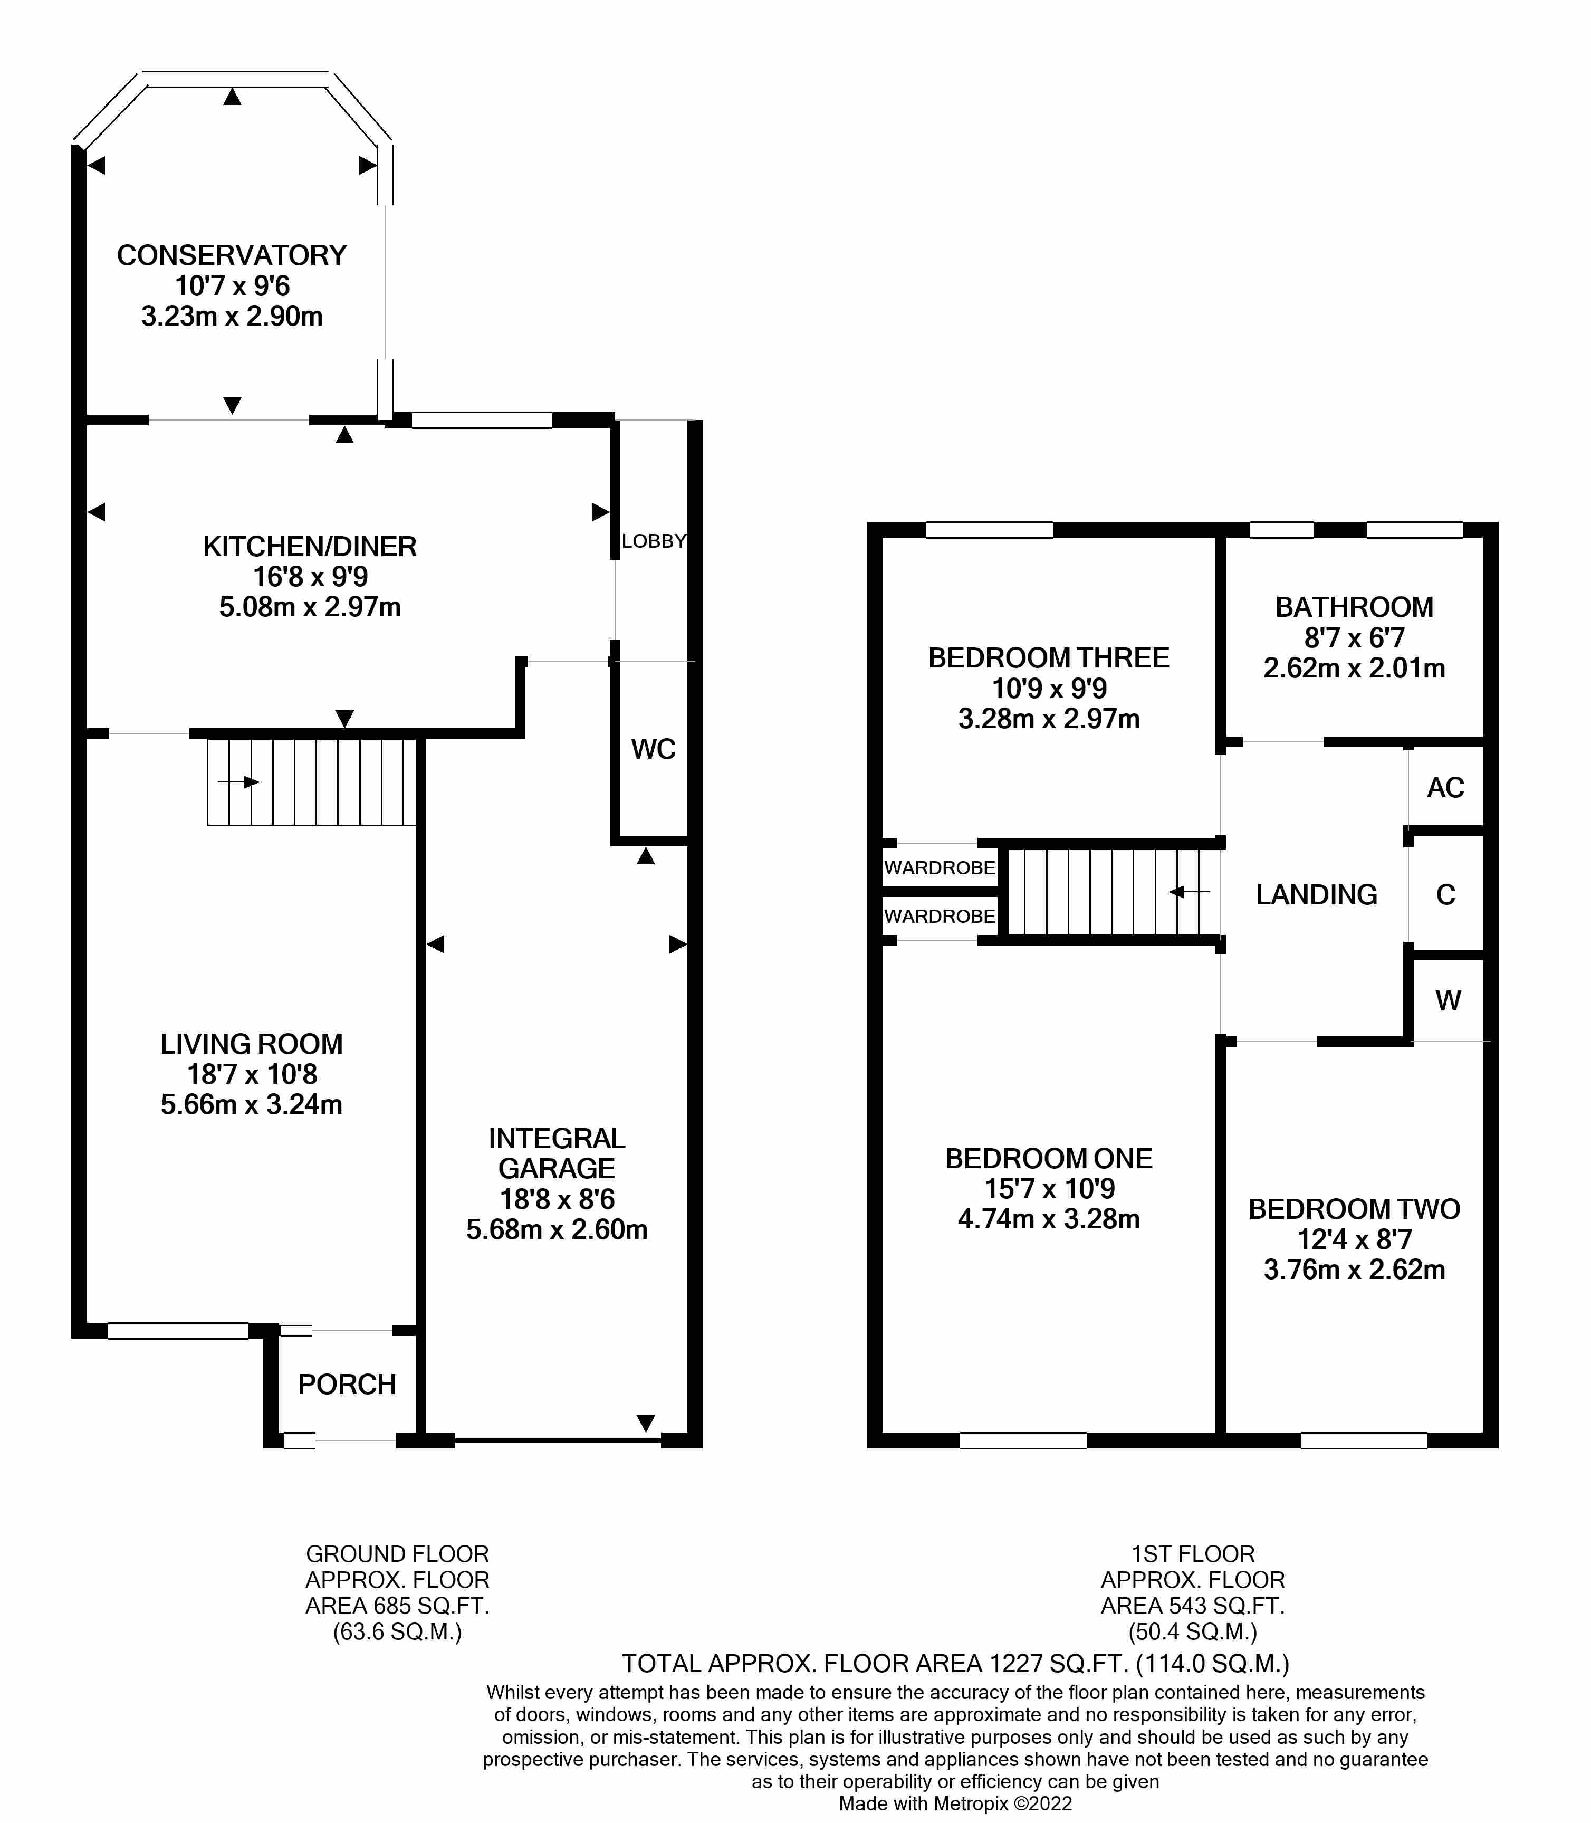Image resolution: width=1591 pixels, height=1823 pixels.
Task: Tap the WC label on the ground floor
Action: pos(654,749)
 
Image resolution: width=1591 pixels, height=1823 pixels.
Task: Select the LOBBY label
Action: pos(654,541)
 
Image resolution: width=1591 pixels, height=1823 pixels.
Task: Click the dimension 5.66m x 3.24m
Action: pos(251,1105)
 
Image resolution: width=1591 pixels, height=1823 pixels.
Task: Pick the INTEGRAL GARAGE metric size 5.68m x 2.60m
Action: pos(557,1230)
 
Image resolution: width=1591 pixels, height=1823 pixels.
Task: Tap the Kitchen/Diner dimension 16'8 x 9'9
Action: pos(310,577)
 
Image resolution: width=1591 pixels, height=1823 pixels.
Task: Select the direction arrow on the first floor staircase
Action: pos(1190,892)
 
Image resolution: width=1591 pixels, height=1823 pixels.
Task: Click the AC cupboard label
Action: pos(1445,788)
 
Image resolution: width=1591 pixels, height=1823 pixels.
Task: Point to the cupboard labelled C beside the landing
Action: pos(1445,895)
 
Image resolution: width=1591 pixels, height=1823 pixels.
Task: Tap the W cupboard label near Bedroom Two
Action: pos(1448,1001)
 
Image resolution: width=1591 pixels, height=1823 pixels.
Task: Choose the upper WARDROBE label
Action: pos(940,867)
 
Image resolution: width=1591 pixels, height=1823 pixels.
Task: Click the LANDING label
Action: pos(1316,895)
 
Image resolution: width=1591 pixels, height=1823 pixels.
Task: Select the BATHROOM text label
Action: pos(1354,607)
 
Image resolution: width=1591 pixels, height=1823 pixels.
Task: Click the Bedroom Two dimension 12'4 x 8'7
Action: pos(1354,1239)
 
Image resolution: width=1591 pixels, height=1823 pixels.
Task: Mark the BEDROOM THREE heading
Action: pos(1049,658)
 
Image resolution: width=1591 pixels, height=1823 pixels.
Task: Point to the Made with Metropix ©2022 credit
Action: pos(955,1803)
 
